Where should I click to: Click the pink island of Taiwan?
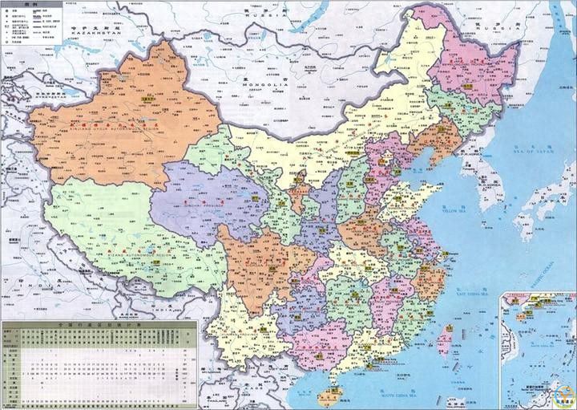tap(442, 342)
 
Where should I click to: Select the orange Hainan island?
tap(329, 396)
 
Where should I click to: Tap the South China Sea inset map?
tap(536, 349)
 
